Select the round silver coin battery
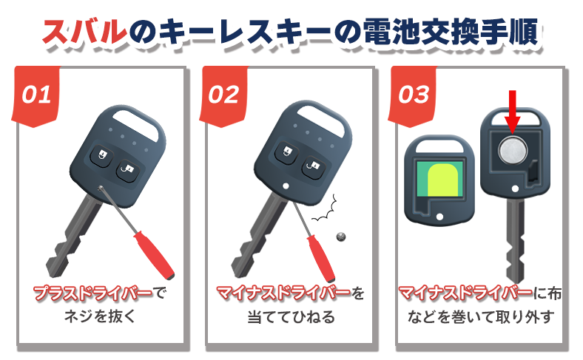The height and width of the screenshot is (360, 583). [513, 152]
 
